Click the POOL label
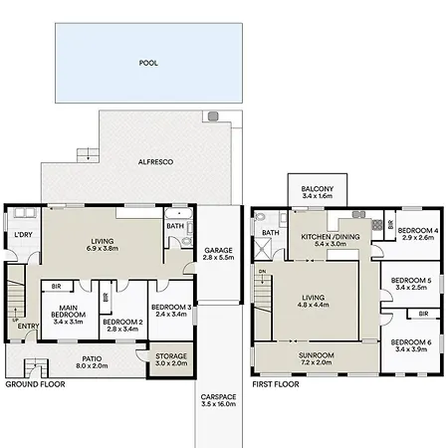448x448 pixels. tap(148, 63)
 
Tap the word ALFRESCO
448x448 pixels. tap(155, 162)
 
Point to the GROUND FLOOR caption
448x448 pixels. tap(35, 384)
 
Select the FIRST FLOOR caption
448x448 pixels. tap(276, 384)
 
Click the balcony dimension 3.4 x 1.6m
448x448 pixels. tap(318, 196)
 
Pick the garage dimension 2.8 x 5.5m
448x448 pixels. tap(218, 258)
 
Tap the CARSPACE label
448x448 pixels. tap(218, 397)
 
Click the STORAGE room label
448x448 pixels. tap(171, 356)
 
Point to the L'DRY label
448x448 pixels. tap(23, 235)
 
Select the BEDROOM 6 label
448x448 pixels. tap(411, 342)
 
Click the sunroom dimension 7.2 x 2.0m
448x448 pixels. tap(316, 362)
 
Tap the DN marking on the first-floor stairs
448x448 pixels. tap(262, 272)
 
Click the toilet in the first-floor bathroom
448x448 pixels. tap(260, 218)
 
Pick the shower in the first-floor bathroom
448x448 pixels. tap(263, 249)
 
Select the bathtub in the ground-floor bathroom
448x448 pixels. tap(178, 213)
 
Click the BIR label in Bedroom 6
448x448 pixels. tap(423, 314)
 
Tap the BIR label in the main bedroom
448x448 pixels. tap(56, 287)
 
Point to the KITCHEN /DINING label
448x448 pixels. tap(331, 237)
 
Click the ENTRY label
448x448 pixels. tap(28, 327)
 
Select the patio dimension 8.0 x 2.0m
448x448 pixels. tap(92, 366)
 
